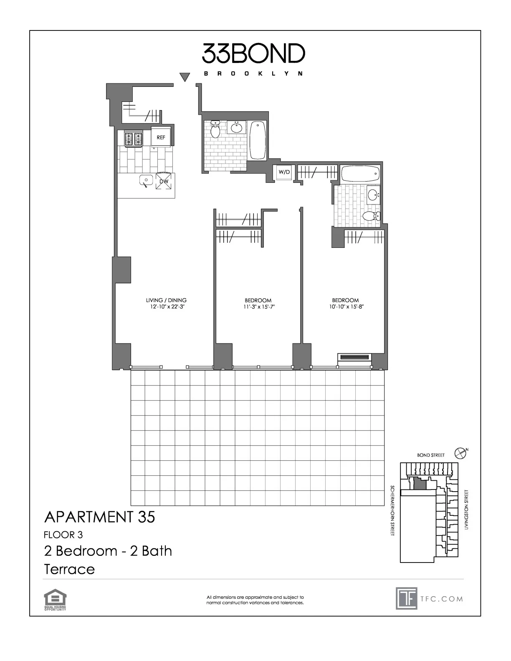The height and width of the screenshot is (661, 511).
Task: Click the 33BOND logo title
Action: [x=253, y=53]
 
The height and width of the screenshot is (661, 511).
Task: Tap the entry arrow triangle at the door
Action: [x=185, y=77]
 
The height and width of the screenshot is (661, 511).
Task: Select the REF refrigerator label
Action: [x=161, y=137]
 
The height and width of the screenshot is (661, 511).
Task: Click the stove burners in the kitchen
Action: [x=134, y=139]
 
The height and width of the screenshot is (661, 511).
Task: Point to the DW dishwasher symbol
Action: [x=164, y=181]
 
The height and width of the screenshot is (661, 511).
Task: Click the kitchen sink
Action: [x=146, y=181]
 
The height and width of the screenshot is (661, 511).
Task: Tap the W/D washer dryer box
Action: [x=284, y=172]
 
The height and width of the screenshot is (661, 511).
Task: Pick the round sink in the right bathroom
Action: [x=374, y=194]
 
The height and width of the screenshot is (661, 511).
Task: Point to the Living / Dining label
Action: [x=166, y=300]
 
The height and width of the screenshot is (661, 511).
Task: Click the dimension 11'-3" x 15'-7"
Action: [x=258, y=307]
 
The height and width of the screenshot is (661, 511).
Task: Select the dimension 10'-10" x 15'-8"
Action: [x=345, y=307]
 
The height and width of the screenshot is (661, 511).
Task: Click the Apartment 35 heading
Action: [x=99, y=517]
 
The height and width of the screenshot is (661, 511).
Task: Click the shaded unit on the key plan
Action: [x=420, y=484]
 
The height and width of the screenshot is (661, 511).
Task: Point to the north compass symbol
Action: [x=460, y=452]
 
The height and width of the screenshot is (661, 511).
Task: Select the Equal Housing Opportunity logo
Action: [x=55, y=599]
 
